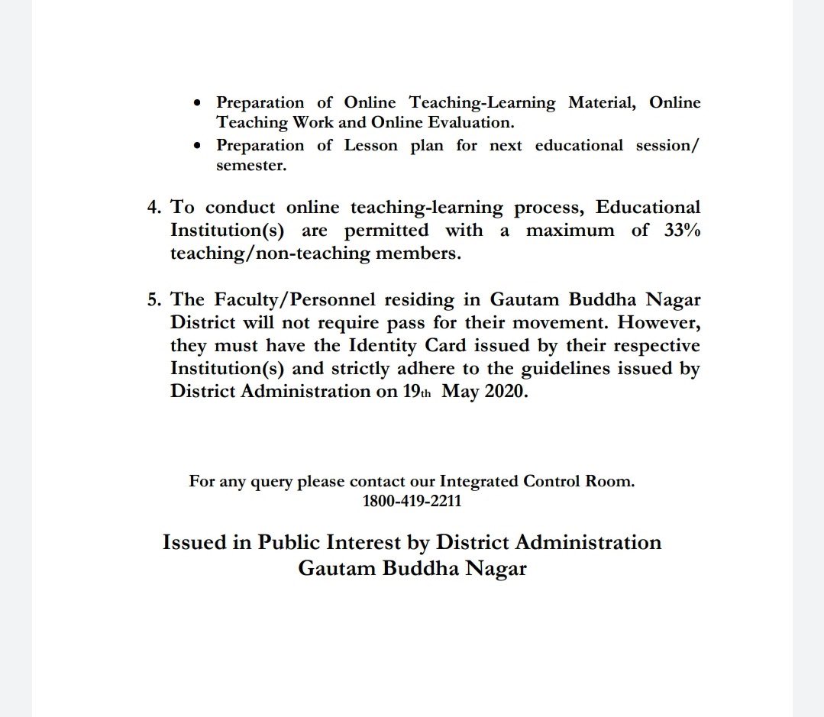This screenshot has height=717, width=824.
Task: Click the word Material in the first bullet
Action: click(x=602, y=102)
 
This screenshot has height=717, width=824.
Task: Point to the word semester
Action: click(x=251, y=165)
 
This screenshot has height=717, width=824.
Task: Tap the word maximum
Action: click(x=570, y=230)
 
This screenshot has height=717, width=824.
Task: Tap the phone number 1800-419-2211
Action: click(x=412, y=502)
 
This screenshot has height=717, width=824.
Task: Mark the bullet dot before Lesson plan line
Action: click(x=199, y=145)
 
